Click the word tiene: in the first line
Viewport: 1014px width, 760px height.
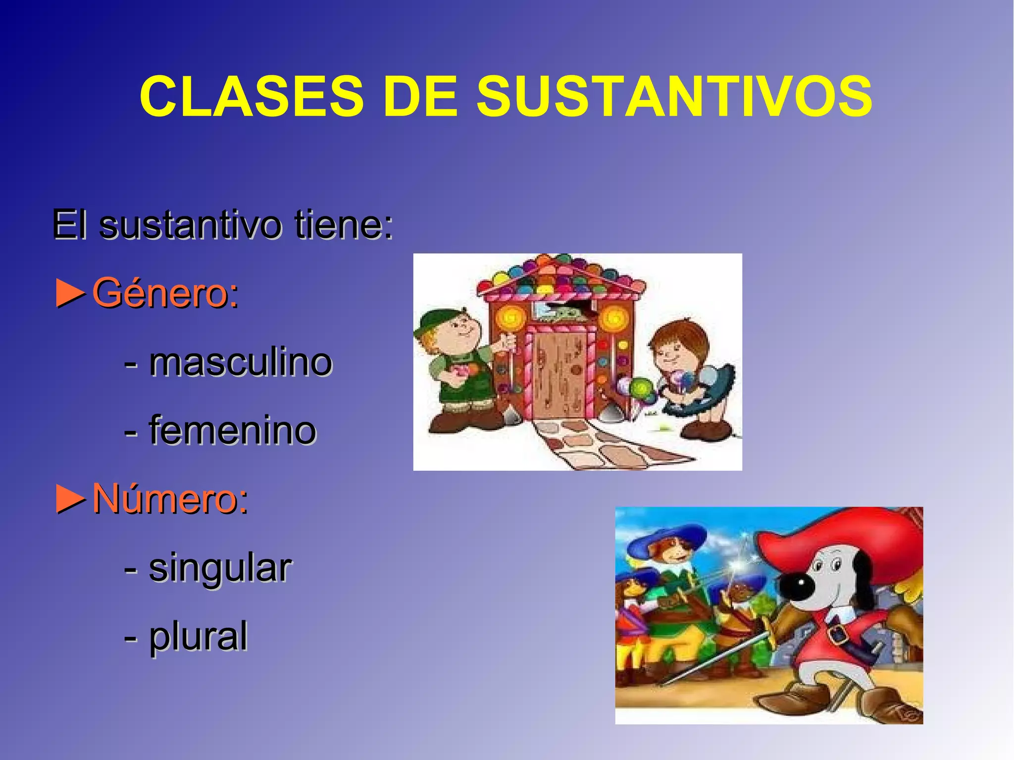click(x=344, y=225)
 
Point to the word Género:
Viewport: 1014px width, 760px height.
click(x=165, y=293)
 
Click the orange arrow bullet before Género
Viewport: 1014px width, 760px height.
click(x=71, y=293)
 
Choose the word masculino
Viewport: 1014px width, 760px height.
click(x=241, y=362)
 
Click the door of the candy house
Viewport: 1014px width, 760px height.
click(x=559, y=376)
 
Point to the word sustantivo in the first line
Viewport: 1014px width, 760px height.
click(x=190, y=225)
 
